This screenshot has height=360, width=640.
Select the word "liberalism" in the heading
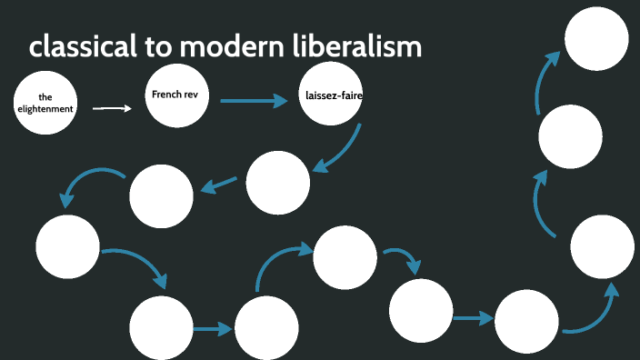point(360,47)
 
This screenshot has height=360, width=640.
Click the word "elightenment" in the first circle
point(45,108)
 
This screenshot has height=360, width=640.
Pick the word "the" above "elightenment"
point(45,97)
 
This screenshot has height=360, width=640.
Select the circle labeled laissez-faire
point(331,96)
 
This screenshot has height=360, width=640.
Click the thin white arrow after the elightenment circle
point(113,108)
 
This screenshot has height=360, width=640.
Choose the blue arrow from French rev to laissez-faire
point(253,100)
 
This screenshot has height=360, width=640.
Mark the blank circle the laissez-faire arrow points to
point(278,182)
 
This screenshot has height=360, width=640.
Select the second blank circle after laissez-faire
point(161,197)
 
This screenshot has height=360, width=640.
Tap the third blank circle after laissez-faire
point(67,245)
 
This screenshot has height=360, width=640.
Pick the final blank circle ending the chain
point(596,39)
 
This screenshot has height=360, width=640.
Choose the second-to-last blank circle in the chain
point(570,136)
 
